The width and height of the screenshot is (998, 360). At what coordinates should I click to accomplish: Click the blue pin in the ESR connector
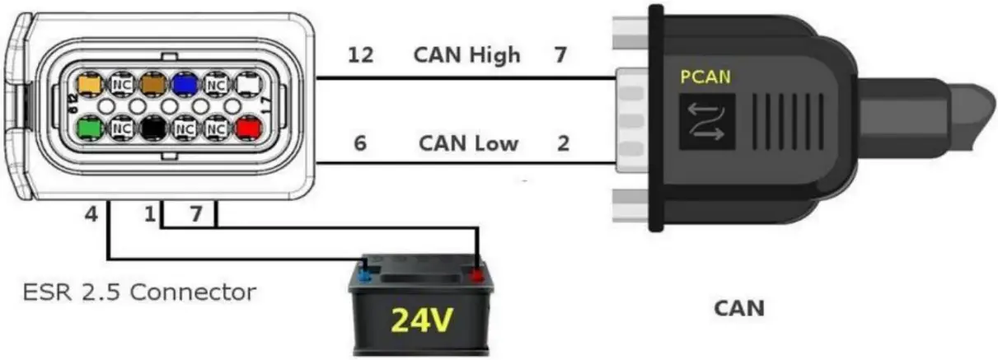[184, 84]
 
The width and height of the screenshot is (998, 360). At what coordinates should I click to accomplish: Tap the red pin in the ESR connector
[248, 129]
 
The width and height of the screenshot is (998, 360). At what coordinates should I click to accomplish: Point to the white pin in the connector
[248, 84]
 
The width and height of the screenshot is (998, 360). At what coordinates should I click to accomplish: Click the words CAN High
[466, 55]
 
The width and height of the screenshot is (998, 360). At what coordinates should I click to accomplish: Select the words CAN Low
[468, 143]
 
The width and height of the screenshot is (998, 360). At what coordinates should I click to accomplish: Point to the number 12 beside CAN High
[360, 56]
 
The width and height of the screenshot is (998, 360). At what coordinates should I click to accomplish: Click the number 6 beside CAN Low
[360, 143]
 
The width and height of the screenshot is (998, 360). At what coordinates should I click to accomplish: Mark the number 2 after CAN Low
[563, 143]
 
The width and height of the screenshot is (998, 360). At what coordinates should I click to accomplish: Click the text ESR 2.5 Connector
[138, 292]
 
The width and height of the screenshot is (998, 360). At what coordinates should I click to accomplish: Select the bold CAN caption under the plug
[738, 309]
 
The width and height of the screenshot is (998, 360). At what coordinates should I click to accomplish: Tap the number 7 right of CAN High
[561, 56]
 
